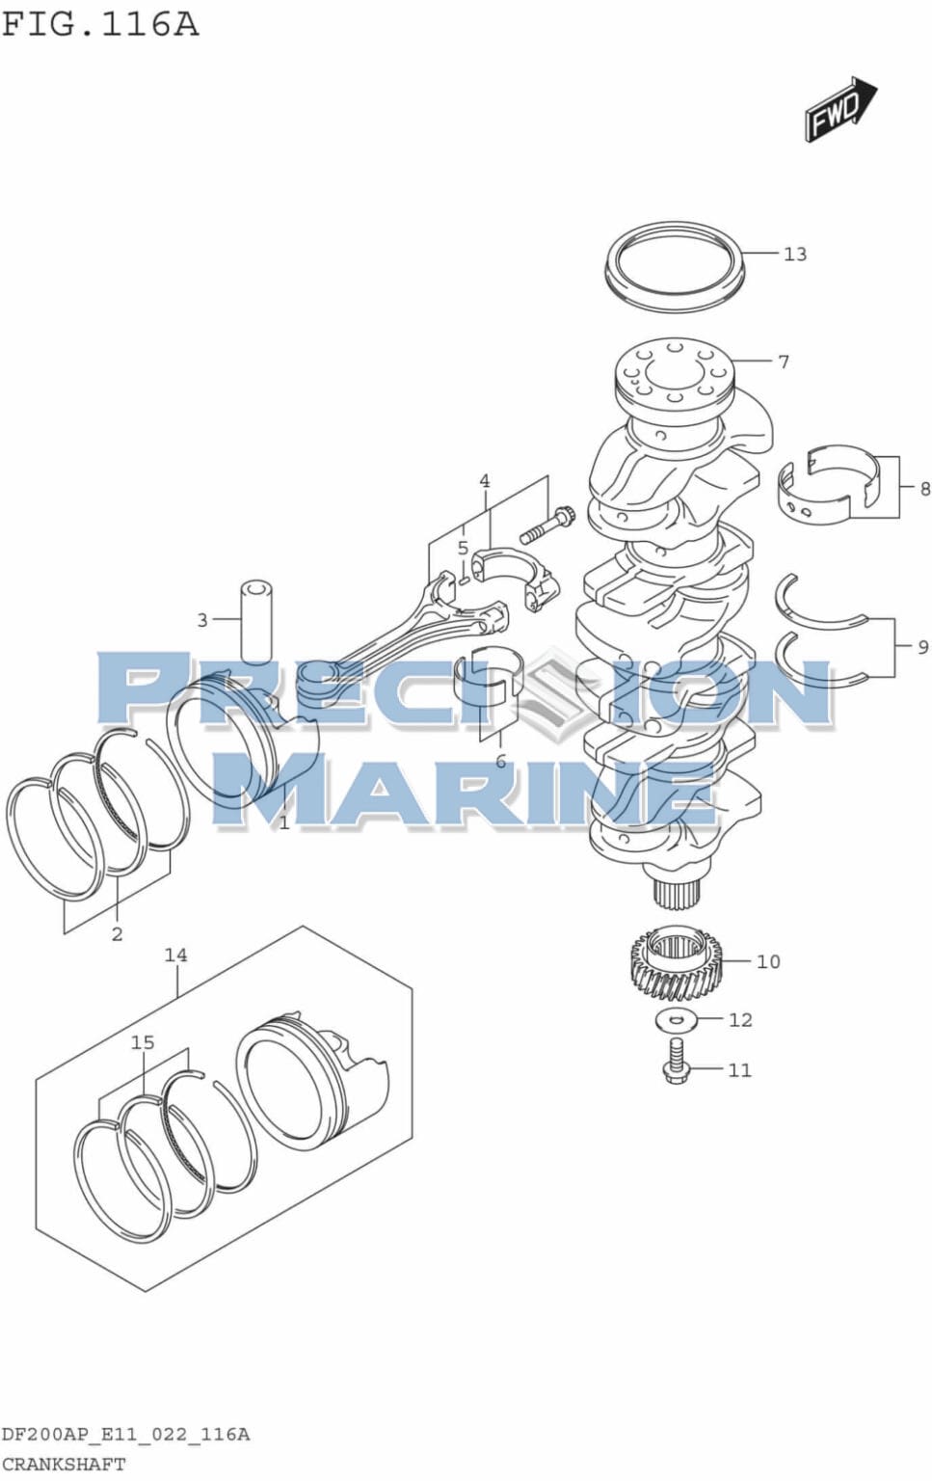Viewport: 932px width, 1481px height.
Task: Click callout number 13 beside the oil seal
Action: [x=794, y=255]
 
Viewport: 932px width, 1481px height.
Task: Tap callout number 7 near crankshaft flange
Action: [x=784, y=362]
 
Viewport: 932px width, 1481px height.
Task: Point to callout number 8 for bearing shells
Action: [x=924, y=489]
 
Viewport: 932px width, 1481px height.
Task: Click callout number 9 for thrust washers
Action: [x=922, y=647]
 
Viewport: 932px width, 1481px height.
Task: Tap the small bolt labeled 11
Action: [x=677, y=1066]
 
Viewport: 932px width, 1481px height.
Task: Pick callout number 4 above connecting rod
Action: [x=485, y=481]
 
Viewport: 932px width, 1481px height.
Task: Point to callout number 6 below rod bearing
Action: [x=500, y=762]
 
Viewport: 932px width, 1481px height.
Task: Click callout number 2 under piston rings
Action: [x=117, y=933]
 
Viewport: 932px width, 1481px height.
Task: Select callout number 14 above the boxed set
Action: [x=175, y=956]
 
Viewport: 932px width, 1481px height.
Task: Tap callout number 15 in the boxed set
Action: [x=143, y=1042]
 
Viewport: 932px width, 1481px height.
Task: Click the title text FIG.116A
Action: [x=100, y=23]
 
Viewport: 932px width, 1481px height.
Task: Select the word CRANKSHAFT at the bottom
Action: [x=64, y=1464]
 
